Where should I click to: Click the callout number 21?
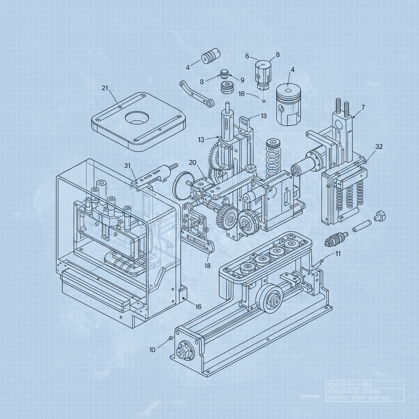[x=104, y=88]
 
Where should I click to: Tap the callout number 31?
[x=127, y=165]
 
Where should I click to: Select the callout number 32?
[x=379, y=147]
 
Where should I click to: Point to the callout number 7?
[x=363, y=108]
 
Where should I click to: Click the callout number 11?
[x=338, y=253]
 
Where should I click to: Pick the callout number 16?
[x=198, y=306]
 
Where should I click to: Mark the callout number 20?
[x=193, y=162]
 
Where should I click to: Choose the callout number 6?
[x=247, y=56]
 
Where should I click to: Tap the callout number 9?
[x=242, y=80]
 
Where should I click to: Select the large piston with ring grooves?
[x=288, y=104]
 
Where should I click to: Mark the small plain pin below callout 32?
[x=361, y=224]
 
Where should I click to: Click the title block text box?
[x=365, y=391]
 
